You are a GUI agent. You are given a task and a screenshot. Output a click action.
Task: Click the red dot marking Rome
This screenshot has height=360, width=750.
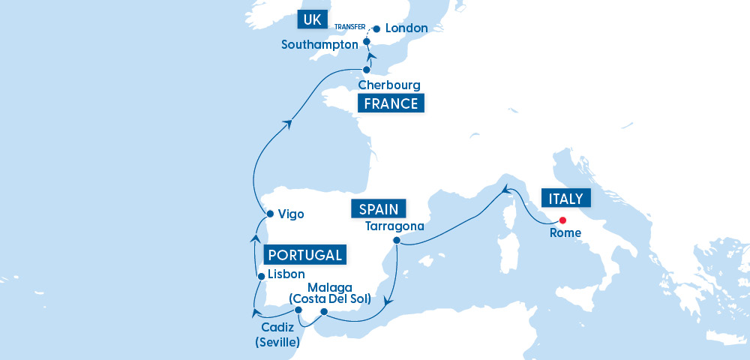pyautogui.click(x=562, y=220)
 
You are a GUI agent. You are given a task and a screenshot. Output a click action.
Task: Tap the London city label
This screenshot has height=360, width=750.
pyautogui.click(x=406, y=28)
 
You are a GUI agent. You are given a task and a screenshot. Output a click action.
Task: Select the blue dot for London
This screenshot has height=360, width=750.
pyautogui.click(x=376, y=29)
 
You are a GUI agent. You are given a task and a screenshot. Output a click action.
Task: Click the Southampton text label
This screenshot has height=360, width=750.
pyautogui.click(x=319, y=45)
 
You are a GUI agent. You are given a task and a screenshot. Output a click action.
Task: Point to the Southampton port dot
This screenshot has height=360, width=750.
pyautogui.click(x=367, y=43)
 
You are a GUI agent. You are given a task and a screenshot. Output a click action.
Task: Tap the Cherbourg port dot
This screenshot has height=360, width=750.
pyautogui.click(x=367, y=70)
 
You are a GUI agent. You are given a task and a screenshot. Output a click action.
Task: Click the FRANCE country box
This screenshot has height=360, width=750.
pyautogui.click(x=391, y=103)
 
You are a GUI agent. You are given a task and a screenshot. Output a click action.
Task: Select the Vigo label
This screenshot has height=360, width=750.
pyautogui.click(x=290, y=214)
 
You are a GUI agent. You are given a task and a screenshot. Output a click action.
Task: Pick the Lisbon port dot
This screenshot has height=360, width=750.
pyautogui.click(x=261, y=276)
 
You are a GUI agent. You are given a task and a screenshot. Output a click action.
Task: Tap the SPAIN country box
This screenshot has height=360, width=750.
pyautogui.click(x=379, y=208)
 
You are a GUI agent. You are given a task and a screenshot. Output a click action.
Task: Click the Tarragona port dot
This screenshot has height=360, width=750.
pyautogui.click(x=397, y=241)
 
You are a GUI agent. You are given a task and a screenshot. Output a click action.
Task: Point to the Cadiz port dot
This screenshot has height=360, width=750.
pyautogui.click(x=298, y=310)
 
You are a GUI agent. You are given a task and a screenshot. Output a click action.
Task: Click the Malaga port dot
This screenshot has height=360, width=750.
pyautogui.click(x=324, y=311)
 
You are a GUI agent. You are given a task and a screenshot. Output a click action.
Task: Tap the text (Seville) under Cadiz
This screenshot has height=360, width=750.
pyautogui.click(x=277, y=343)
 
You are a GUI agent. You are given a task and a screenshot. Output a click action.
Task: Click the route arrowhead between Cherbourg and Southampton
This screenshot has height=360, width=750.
pyautogui.click(x=370, y=57)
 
